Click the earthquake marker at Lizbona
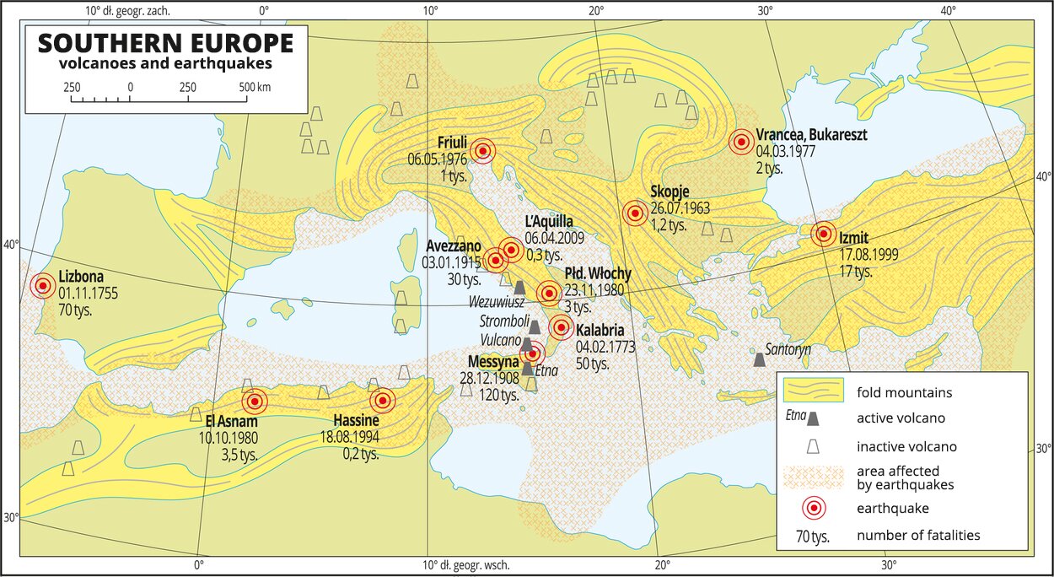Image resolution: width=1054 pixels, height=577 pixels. click(42, 286)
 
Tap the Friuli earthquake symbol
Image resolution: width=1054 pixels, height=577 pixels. click(483, 151)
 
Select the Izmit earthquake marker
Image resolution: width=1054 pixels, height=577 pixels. click(824, 234)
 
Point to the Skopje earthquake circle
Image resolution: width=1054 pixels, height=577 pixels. click(635, 213)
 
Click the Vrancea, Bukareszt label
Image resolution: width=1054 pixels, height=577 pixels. click(811, 135)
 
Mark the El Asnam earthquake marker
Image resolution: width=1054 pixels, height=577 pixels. click(254, 402)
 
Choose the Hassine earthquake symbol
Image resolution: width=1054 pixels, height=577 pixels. click(383, 401)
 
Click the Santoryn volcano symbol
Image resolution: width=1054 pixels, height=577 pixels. click(760, 360)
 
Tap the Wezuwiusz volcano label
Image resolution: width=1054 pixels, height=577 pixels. click(499, 301)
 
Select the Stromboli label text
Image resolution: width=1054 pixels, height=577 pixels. click(504, 321)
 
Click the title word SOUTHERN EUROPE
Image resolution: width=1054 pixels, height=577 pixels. click(165, 44)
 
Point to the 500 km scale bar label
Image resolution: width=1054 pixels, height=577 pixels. click(255, 87)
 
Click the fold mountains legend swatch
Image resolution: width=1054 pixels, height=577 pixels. click(814, 391)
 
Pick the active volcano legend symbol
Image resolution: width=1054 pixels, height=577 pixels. click(814, 418)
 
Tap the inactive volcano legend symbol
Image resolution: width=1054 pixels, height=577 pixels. click(814, 446)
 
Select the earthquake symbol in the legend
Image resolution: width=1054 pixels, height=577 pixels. click(814, 508)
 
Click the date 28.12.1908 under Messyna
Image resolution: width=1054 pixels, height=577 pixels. click(489, 378)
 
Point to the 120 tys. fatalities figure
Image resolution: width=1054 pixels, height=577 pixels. click(498, 394)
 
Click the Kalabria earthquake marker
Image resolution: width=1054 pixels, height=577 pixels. click(561, 327)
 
